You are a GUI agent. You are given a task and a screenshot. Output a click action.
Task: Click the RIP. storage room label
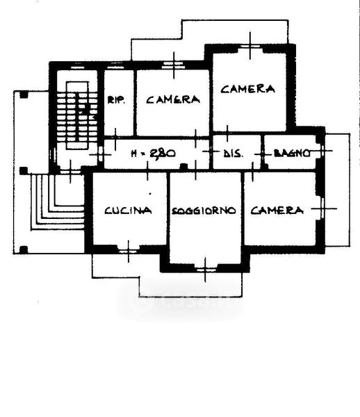coord(116,100)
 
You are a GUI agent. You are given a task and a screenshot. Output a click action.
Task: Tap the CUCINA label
coord(128,211)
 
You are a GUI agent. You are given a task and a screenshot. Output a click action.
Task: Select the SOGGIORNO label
coord(204,211)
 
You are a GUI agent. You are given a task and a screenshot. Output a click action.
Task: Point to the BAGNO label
coord(292,154)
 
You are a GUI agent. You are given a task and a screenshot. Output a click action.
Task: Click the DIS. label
coord(233,154)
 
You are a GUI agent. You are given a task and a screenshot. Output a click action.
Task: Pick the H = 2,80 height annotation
coord(154,153)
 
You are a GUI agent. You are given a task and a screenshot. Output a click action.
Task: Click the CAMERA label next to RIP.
coord(173,99)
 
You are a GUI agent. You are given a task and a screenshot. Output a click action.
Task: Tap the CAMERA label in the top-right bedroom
coord(248,89)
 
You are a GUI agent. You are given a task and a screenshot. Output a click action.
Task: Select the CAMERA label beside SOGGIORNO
coord(277,211)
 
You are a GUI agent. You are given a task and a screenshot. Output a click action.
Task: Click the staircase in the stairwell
coord(77,115)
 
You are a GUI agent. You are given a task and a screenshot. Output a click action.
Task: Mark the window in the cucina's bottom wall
coord(129,251)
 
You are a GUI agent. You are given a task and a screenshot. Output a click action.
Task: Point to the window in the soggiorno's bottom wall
coord(205,270)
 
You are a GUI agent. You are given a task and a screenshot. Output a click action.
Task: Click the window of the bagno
coord(322,151)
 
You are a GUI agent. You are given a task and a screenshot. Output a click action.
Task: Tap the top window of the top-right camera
coord(250,47)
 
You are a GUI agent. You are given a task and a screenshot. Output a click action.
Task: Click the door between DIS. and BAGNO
coord(262,154)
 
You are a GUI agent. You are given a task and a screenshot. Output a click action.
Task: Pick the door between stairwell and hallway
coord(101,154)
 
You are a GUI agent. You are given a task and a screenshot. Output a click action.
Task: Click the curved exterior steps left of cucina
coord(58,202)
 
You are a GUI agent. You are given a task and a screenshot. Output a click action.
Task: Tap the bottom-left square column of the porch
coord(24,250)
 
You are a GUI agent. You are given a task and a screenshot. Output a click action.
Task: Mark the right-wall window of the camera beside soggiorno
coord(322,208)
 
